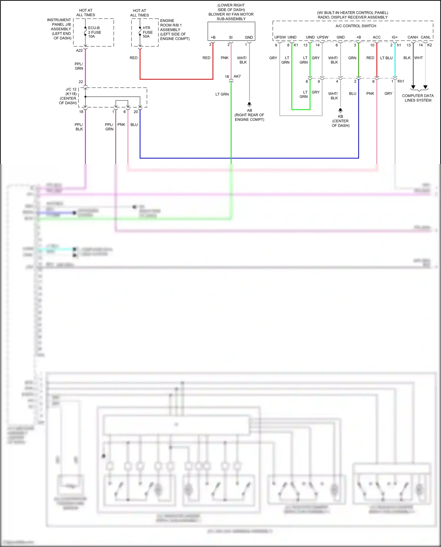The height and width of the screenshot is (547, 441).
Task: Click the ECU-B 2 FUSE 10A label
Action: pyautogui.click(x=94, y=32)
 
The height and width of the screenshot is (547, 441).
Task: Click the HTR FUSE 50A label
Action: pyautogui.click(x=148, y=32)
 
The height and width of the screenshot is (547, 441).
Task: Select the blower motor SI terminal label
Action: pyautogui.click(x=231, y=37)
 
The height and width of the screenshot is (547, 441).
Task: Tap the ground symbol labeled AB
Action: pyautogui.click(x=249, y=104)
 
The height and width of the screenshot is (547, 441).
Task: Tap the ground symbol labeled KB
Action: pyautogui.click(x=340, y=110)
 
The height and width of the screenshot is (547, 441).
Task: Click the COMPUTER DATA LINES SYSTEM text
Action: pyautogui.click(x=418, y=98)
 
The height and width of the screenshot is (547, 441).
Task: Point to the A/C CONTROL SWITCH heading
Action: pyautogui.click(x=356, y=26)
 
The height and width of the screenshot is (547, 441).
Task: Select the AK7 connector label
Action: pyautogui.click(x=237, y=76)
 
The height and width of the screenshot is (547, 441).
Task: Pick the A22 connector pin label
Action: pyautogui.click(x=79, y=51)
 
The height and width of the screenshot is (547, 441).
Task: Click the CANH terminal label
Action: pyautogui.click(x=412, y=37)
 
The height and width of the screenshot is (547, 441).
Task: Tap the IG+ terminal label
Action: pyautogui.click(x=395, y=37)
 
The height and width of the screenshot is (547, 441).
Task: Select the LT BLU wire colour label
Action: pyautogui.click(x=386, y=58)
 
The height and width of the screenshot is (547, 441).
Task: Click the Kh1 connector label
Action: pyautogui.click(x=401, y=81)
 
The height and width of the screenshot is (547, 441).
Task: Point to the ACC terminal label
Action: pyautogui.click(x=377, y=37)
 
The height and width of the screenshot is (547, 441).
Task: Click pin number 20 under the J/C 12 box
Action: pyautogui.click(x=136, y=112)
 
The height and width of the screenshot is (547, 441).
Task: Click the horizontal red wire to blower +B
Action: pyautogui.click(x=176, y=79)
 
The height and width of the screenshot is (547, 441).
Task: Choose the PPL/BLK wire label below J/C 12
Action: pyautogui.click(x=79, y=127)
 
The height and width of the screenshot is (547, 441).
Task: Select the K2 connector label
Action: pyautogui.click(x=430, y=45)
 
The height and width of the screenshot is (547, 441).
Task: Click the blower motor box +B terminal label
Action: pyautogui.click(x=213, y=37)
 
